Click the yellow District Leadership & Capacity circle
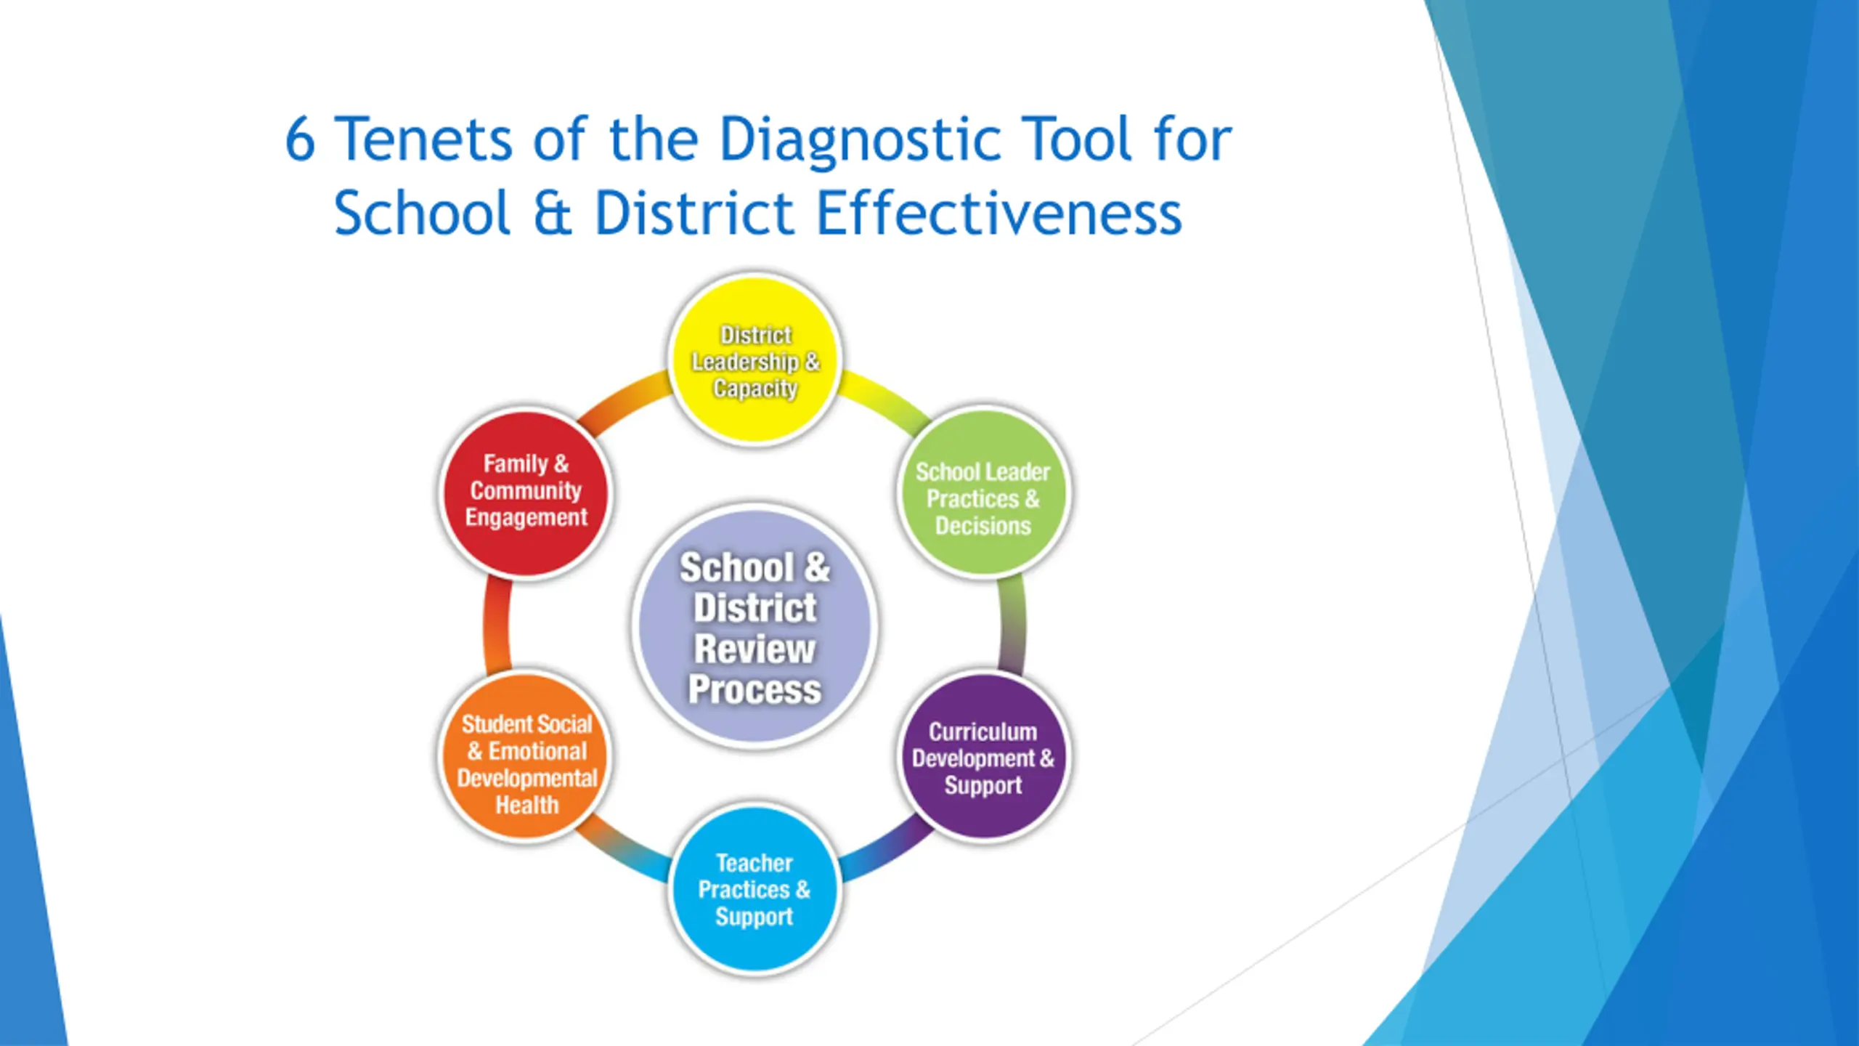coord(755,361)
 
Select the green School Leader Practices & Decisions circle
coord(983,493)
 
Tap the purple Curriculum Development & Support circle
coord(983,757)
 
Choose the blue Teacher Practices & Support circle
coord(755,889)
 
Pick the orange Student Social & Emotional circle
coord(526,757)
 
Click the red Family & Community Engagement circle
coord(526,493)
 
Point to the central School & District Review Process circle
coord(755,625)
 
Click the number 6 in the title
coord(300,139)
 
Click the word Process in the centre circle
coord(755,690)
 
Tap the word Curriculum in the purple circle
coord(983,731)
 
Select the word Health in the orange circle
coord(527,805)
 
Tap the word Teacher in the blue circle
coord(754,863)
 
